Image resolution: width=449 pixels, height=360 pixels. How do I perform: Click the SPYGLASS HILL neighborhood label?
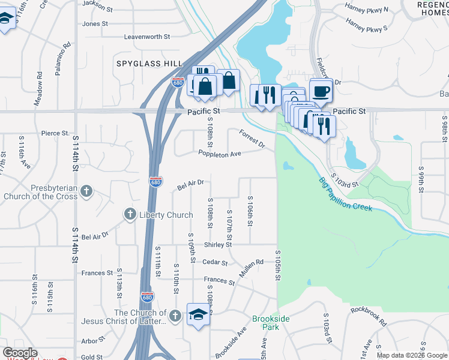click(149, 63)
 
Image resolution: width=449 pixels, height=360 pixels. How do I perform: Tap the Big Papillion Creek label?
click(345, 194)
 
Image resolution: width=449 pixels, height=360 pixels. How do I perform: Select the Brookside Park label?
click(266, 323)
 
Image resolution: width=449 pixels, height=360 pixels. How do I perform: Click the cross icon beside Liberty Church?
click(130, 214)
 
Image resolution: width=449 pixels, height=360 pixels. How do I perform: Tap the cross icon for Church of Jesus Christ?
click(175, 316)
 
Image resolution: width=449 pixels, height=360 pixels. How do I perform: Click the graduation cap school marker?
click(197, 314)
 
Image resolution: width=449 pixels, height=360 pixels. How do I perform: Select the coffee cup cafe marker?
click(321, 91)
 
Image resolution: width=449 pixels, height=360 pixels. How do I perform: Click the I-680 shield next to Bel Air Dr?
click(155, 182)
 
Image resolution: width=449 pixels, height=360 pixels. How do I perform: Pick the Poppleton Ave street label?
click(220, 154)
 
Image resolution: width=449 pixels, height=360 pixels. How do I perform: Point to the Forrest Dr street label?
click(252, 139)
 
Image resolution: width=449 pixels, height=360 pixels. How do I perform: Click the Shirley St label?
click(218, 245)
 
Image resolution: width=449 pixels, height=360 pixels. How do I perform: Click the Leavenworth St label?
click(146, 37)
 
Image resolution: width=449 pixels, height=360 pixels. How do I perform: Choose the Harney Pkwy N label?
click(367, 10)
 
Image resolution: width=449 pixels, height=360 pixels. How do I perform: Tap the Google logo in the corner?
click(20, 353)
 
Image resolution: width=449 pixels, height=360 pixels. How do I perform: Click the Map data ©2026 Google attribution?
click(412, 355)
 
